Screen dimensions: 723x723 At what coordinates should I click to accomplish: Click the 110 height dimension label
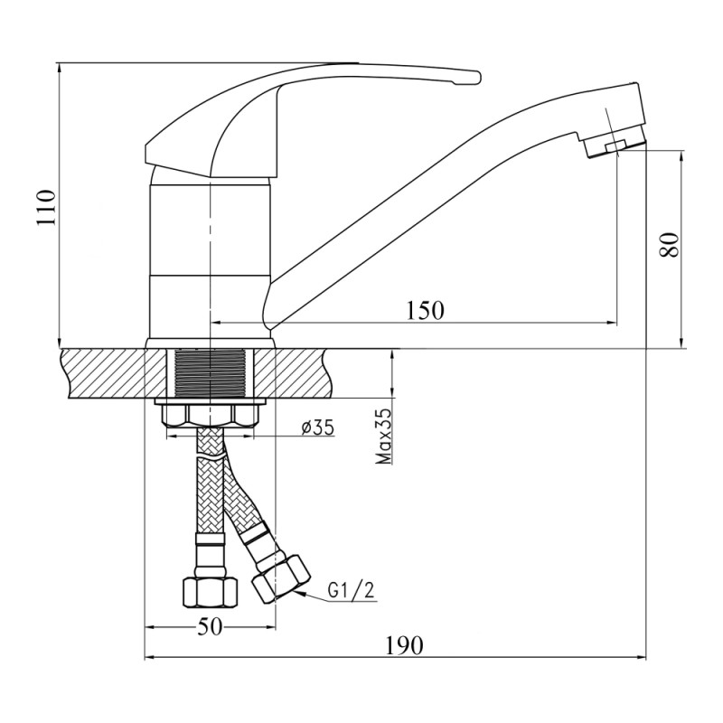click(x=47, y=207)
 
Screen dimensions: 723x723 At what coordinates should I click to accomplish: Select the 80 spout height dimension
click(x=669, y=244)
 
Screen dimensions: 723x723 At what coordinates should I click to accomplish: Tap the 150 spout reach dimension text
click(x=424, y=311)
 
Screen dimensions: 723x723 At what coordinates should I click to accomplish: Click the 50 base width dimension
click(x=210, y=626)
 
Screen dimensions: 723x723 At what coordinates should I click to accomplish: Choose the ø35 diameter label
click(x=317, y=427)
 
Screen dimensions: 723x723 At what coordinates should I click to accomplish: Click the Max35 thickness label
click(x=383, y=436)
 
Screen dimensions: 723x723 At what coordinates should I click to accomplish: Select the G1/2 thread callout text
click(x=352, y=590)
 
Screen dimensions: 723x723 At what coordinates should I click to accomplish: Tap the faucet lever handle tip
click(x=475, y=78)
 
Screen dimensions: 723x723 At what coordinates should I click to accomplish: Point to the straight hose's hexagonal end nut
click(x=210, y=592)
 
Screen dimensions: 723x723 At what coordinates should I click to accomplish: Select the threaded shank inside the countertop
click(x=210, y=373)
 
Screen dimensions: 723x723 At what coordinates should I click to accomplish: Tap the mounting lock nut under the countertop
click(x=210, y=414)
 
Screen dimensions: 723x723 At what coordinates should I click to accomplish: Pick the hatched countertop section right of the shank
click(x=293, y=373)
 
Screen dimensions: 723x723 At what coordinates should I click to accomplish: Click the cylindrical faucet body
click(x=210, y=254)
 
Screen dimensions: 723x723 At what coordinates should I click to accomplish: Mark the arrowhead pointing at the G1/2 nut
click(x=300, y=593)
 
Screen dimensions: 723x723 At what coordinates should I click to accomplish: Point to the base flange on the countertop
click(x=210, y=343)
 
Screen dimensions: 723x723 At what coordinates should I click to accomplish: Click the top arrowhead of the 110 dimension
click(x=59, y=68)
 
